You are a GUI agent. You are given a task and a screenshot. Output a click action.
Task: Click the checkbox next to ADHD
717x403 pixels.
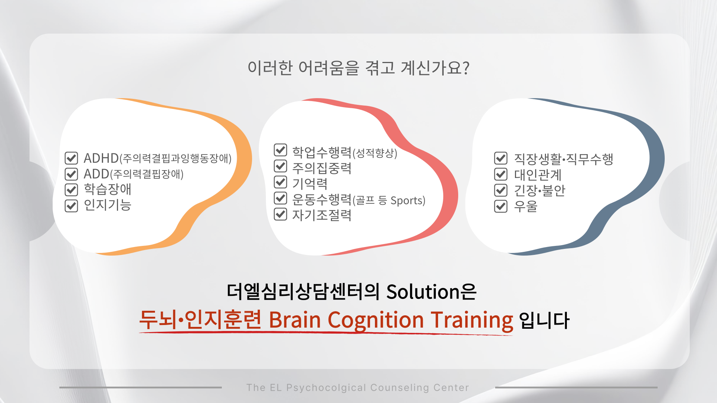[x=71, y=158]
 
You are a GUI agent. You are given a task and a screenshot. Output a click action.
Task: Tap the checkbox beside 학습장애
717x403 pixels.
[x=71, y=190]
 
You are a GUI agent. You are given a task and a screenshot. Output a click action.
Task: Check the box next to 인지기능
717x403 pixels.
[x=71, y=206]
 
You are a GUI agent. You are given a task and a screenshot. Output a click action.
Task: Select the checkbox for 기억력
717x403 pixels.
[x=280, y=182]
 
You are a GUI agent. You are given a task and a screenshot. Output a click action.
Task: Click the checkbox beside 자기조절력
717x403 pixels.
[x=280, y=214]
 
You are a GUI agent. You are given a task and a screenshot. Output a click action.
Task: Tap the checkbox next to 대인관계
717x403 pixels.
[x=501, y=174]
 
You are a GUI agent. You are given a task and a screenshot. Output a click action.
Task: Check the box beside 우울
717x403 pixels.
[x=501, y=206]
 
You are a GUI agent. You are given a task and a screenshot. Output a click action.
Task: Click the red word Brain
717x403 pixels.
[x=295, y=320]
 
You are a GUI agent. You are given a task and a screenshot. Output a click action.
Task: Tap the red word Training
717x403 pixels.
[x=472, y=321]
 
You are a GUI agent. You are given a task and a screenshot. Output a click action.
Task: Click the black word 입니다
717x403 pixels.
[x=544, y=320]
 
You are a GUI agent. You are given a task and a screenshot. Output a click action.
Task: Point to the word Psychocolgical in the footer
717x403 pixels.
[x=326, y=388]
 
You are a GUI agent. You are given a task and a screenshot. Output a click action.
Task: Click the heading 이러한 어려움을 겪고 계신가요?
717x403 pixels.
[x=358, y=68]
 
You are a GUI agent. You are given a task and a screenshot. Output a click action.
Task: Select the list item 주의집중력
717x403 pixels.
[x=322, y=168]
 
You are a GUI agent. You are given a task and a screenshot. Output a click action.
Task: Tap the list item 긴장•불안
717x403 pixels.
[x=540, y=190]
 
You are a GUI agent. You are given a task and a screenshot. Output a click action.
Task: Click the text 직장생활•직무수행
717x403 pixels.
[x=564, y=159]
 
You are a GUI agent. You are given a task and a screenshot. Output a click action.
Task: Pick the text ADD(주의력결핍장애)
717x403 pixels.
[x=133, y=174]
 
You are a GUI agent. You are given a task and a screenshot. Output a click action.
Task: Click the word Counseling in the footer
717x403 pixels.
[x=400, y=388]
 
